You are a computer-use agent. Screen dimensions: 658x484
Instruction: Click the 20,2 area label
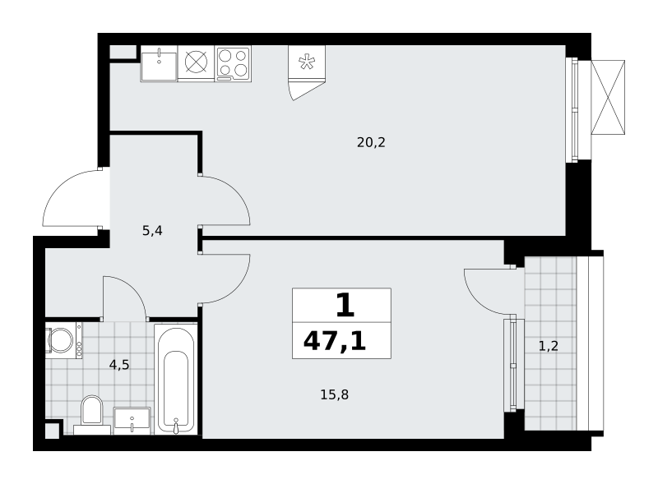(x=371, y=143)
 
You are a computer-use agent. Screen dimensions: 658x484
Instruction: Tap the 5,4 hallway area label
(x=152, y=231)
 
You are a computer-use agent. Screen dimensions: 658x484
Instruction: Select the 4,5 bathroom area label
(x=119, y=366)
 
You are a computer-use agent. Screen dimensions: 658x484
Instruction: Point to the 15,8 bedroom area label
(x=335, y=395)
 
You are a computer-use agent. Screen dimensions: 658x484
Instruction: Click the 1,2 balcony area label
(x=549, y=347)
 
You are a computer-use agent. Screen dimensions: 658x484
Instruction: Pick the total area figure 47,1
(x=335, y=341)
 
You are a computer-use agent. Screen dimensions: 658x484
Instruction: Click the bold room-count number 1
(x=345, y=306)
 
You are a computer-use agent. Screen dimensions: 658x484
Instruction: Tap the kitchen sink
(x=159, y=63)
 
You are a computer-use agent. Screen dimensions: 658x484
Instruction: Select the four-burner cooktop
(x=234, y=64)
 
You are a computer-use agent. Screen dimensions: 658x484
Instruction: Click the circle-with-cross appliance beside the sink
(x=197, y=62)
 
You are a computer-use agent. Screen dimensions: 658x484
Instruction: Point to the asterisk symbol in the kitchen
(x=307, y=62)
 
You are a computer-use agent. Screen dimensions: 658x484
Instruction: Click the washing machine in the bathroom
(x=64, y=340)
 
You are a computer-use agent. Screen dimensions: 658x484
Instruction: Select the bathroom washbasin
(x=132, y=421)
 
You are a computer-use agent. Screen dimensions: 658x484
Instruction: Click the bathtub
(x=176, y=379)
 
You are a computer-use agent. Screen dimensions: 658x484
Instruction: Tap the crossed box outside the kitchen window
(x=608, y=97)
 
